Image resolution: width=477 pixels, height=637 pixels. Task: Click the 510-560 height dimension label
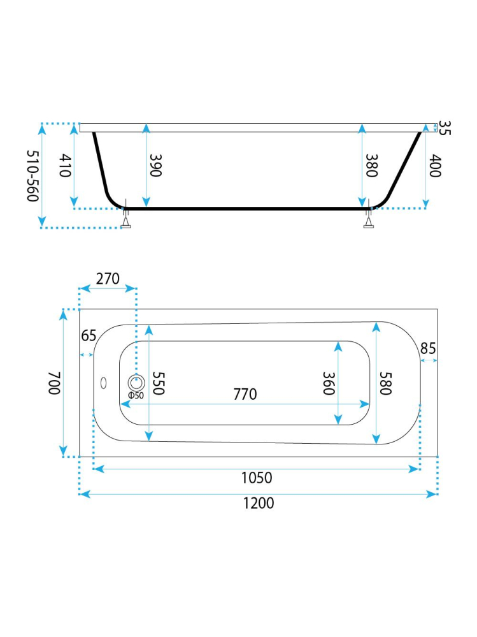click(x=33, y=176)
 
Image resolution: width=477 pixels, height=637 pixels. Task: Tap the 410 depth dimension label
click(x=66, y=165)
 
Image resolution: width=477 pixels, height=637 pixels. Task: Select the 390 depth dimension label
click(x=156, y=165)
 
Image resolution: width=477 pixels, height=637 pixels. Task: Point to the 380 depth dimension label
click(x=371, y=165)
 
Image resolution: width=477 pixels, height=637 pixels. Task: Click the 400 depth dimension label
click(x=435, y=165)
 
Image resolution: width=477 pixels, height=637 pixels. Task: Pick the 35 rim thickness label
click(x=445, y=128)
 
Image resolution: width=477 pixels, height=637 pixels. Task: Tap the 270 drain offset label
click(x=108, y=279)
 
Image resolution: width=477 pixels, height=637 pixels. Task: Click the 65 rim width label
click(x=89, y=335)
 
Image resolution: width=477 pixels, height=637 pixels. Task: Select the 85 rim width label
click(x=428, y=348)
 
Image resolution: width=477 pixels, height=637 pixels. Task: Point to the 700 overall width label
click(x=54, y=383)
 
